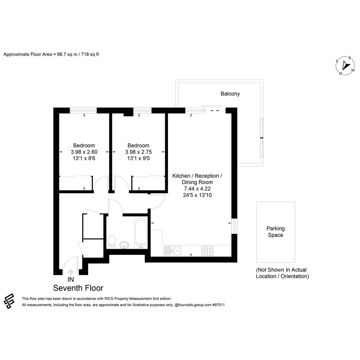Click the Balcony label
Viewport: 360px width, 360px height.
click(230, 94)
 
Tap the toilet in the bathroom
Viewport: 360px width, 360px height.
click(112, 242)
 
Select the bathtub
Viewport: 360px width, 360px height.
click(141, 233)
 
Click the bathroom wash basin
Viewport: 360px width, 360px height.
click(124, 245)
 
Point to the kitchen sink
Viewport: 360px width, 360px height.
click(173, 251)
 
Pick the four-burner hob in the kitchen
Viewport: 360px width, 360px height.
click(207, 251)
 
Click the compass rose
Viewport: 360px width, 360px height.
click(345, 66)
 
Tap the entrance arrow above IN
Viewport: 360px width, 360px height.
click(70, 272)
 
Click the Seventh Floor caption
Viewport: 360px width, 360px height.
click(78, 288)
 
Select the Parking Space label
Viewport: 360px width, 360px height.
click(275, 232)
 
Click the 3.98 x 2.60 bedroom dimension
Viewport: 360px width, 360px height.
click(84, 152)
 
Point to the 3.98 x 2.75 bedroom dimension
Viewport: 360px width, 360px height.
click(138, 152)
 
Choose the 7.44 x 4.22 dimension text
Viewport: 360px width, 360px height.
click(197, 189)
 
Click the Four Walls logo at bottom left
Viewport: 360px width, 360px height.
click(9, 301)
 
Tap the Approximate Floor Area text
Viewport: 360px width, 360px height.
click(51, 54)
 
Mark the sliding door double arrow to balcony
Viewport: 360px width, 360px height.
click(215, 110)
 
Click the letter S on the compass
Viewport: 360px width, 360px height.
click(350, 58)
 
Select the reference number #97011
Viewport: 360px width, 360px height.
click(218, 305)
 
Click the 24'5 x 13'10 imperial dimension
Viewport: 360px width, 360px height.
click(197, 195)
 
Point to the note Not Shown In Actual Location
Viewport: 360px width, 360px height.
click(282, 273)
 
